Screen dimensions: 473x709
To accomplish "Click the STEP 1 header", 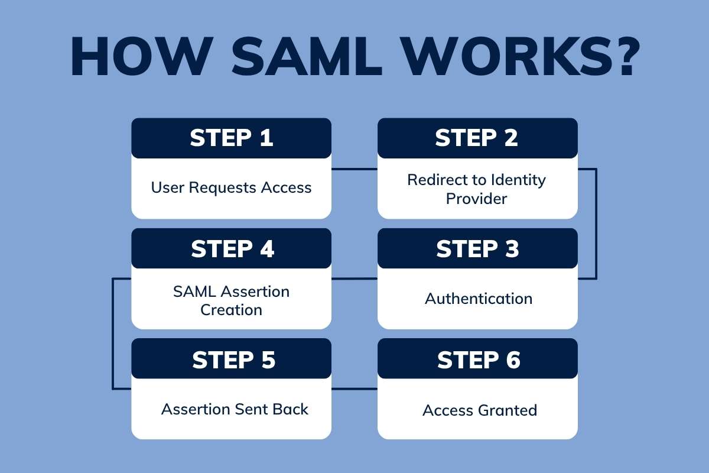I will click(231, 138).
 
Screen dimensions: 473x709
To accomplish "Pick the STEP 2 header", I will click(477, 138).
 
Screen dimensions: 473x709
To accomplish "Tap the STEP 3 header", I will click(477, 249).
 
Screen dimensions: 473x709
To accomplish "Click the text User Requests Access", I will click(231, 188).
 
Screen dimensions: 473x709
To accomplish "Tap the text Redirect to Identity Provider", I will click(476, 189).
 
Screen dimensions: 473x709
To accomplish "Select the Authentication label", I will click(479, 299).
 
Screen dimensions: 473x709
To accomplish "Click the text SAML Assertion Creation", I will click(231, 300).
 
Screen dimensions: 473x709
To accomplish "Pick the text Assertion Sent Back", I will click(235, 409).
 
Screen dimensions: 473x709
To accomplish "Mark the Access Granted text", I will click(480, 410).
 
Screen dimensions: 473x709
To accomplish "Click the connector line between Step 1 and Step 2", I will click(354, 169).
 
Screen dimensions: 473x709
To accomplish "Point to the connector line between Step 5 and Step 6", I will click(354, 389).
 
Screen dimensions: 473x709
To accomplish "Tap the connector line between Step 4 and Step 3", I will click(354, 278).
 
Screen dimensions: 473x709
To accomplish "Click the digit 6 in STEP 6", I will click(512, 360).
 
